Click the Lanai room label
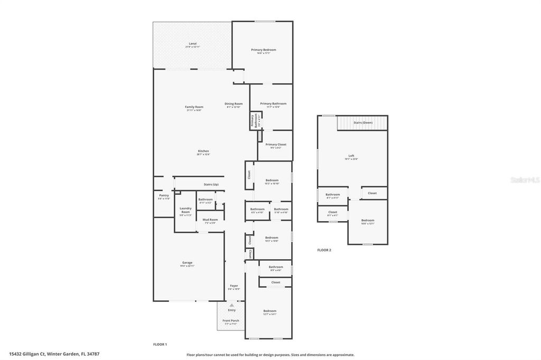coord(192,43)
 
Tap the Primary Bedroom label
coord(263,50)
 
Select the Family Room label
coord(194,107)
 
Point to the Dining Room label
coord(234,103)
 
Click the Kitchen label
coord(203,151)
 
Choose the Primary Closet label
coord(275,145)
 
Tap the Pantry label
coord(164,195)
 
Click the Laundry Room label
coord(185,210)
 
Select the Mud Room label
coord(210,220)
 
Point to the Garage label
coord(187,262)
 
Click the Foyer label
coord(234,286)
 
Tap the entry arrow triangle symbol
coord(231,305)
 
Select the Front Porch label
coord(230,320)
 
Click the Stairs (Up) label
coord(211,184)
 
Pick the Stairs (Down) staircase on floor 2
coord(362,122)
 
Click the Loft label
coord(351,156)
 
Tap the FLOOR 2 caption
coord(324,250)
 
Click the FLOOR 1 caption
coord(160,344)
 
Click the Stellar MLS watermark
coord(524,180)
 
